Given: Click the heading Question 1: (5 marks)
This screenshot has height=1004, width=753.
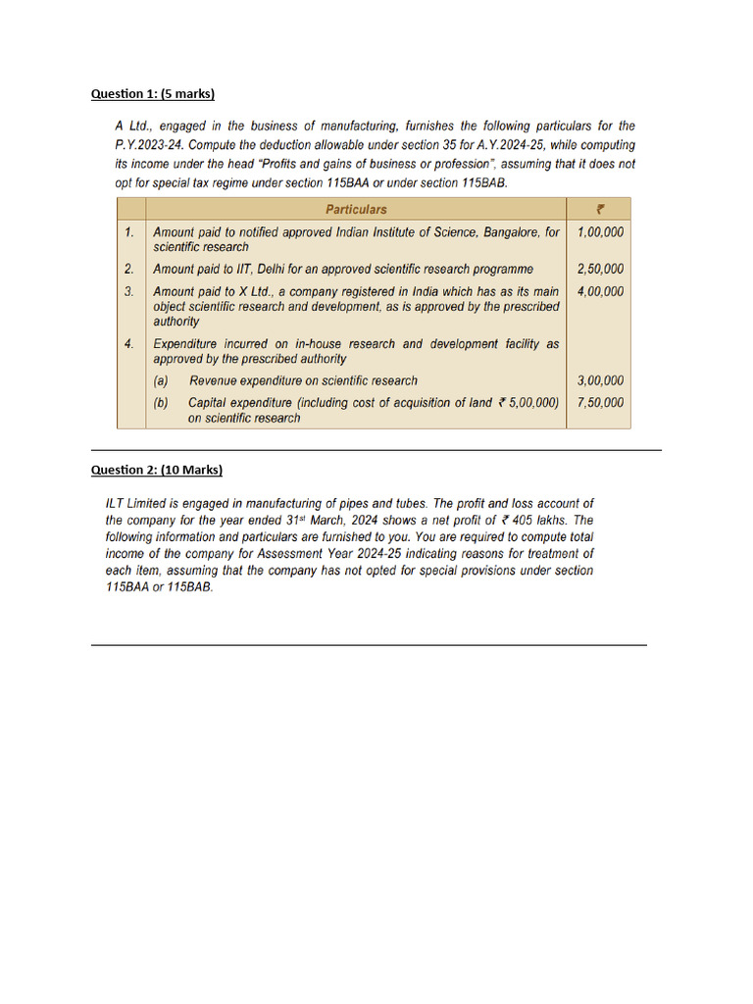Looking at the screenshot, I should coord(152,94).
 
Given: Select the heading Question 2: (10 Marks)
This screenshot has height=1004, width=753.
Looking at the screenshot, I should coord(157,470).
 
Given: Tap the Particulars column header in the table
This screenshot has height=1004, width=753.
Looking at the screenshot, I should coord(356,209).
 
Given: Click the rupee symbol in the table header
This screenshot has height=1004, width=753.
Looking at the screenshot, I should coord(600,209).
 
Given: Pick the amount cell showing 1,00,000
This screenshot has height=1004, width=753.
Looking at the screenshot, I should coord(600,232).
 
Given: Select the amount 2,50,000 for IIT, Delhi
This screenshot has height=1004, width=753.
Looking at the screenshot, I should coord(600,269).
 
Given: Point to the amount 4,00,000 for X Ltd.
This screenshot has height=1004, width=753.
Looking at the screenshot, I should coord(600,291).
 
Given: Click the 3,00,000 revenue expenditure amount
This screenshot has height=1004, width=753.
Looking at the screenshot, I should coord(600,380).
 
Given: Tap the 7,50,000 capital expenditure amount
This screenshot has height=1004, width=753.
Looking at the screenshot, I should coord(600,402).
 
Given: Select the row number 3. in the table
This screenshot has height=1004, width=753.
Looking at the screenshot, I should coord(129,291).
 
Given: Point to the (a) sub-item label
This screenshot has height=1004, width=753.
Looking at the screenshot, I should coord(160,380).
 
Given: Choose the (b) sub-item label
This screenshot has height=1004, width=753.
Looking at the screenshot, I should coord(160,402).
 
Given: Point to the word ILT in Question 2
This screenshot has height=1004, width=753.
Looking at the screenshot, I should coord(117,503).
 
